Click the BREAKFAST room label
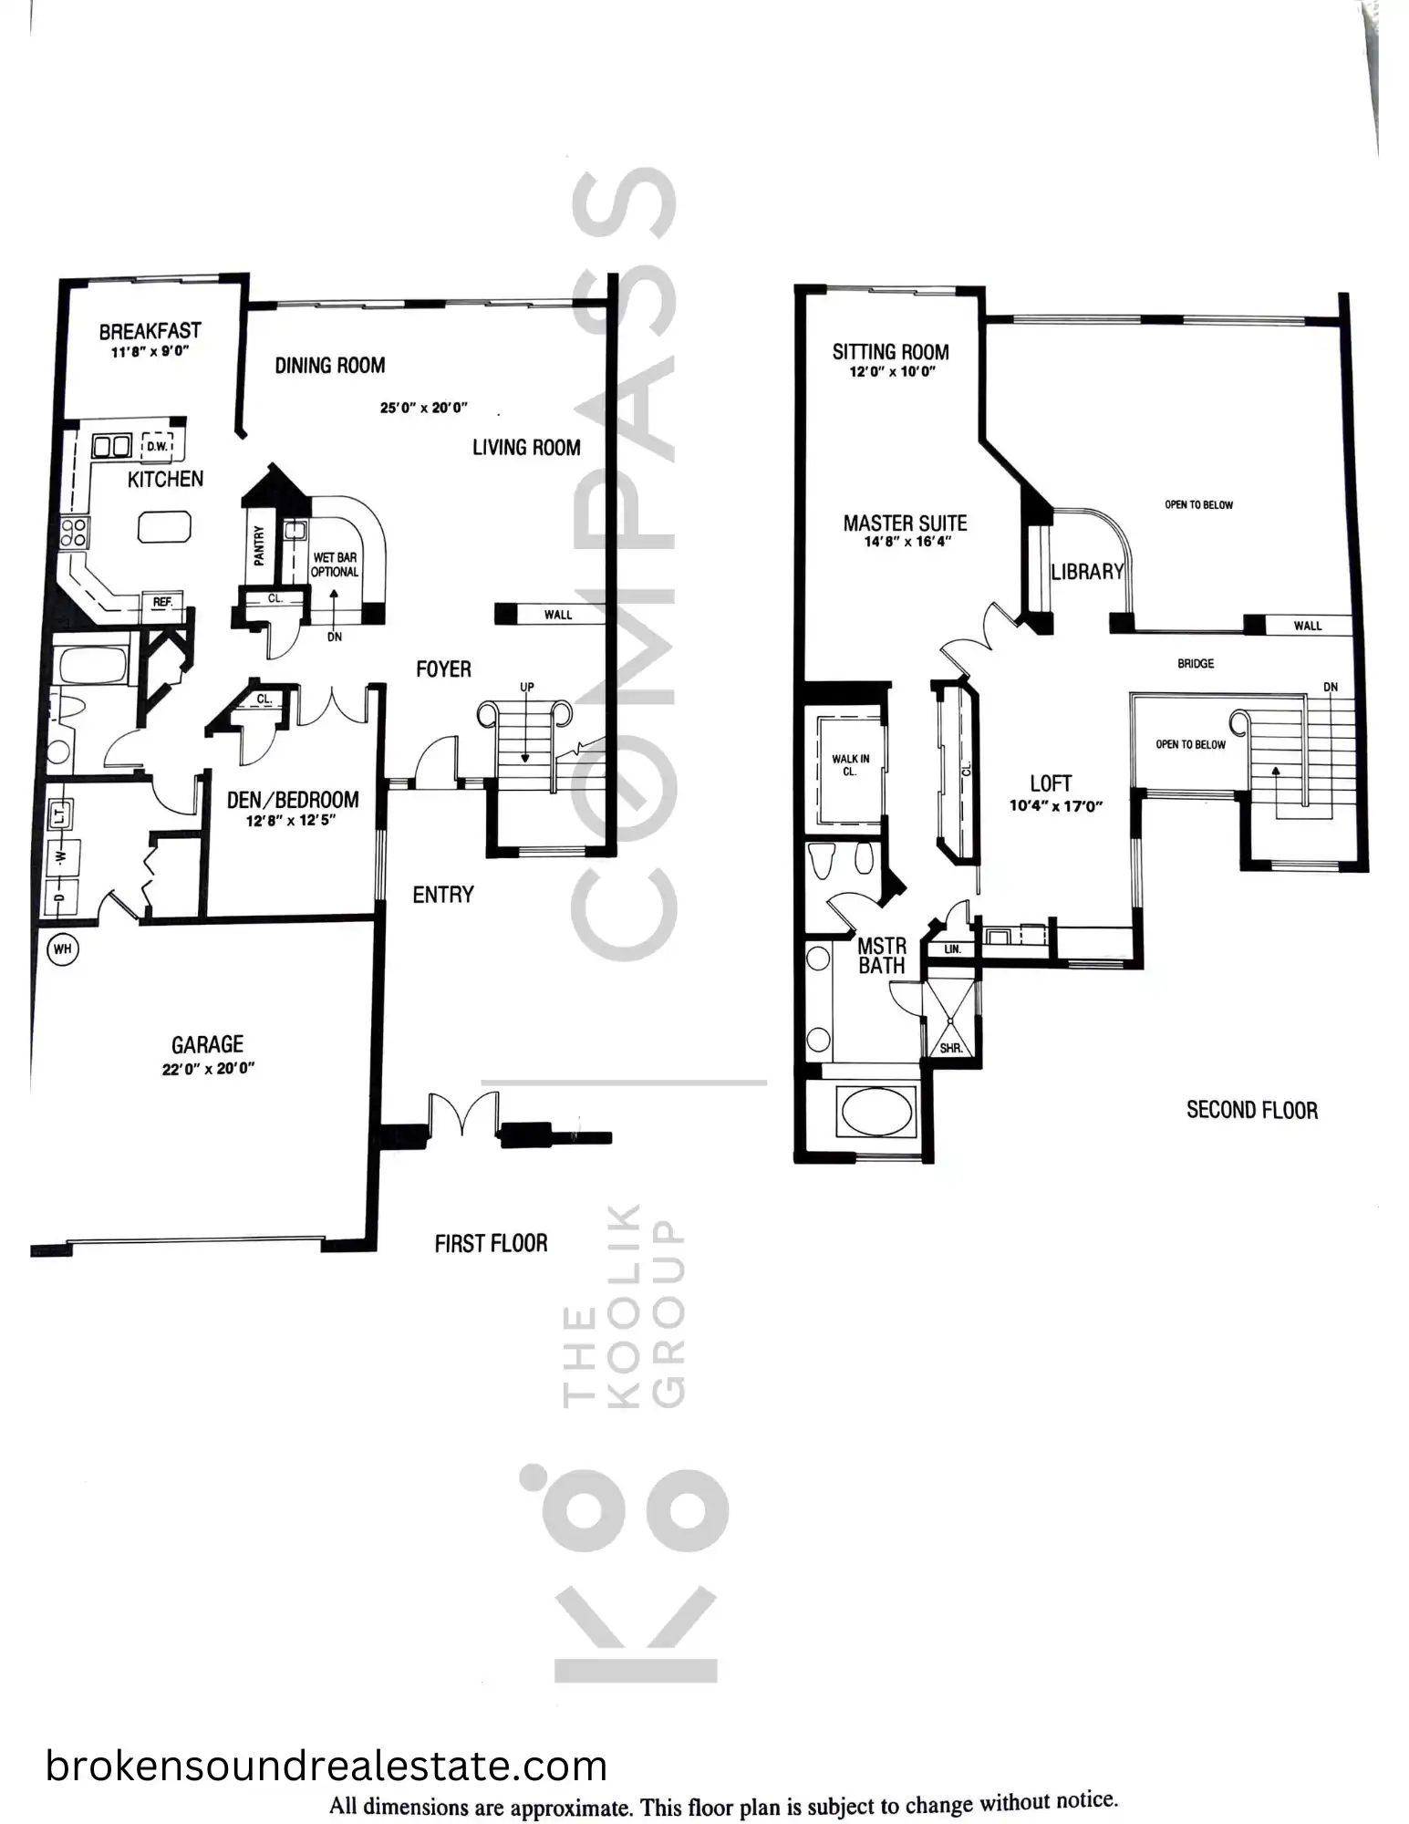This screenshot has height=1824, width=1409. pos(150,331)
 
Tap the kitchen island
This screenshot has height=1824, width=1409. pos(165,528)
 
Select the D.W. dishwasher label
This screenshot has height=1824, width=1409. pos(157,446)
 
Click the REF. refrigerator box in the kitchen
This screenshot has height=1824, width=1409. pos(163,602)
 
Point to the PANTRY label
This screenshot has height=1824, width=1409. pos(259,545)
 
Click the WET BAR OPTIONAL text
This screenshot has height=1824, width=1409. pos(335,565)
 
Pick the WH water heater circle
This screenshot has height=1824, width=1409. pos(62,949)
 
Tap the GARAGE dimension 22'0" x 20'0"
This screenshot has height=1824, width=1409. pos(208,1069)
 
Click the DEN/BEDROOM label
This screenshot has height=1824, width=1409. pos(293,800)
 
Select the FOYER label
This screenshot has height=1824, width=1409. pos(443,669)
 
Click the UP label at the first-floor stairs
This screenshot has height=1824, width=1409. pos(526,687)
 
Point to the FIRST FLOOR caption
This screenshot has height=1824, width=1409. pos(491,1244)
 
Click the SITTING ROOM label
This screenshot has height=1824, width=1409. pos(890,352)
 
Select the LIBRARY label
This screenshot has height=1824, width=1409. pos(1087,572)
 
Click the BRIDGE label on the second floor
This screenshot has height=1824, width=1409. pos(1196,664)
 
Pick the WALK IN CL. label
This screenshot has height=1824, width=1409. pos(850,765)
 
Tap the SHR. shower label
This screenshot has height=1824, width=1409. pos(951,1049)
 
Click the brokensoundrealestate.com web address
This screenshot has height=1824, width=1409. pos(326,1767)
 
